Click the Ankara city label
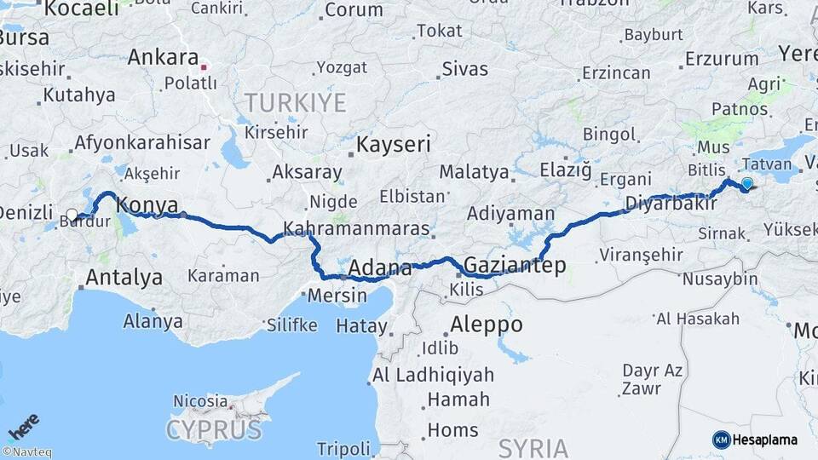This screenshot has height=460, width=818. pos(162,58)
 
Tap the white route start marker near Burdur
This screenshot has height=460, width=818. pos(72,215)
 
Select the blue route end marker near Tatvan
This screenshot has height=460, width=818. pos(747,183)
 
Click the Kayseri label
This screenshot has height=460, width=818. pos(393,143)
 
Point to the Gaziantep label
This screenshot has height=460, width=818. pos(515,265)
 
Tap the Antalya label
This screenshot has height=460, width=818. pos(124,277)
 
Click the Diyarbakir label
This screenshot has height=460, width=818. pos(668,204)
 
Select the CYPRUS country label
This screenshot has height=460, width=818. pos(214,428)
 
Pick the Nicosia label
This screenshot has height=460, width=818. pos(200,400)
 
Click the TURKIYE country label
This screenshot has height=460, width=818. pos(296,104)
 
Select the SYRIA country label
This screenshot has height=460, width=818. pos(533,447)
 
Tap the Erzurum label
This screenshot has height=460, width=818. pos(722,59)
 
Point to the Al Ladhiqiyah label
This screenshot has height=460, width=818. pos(433,375)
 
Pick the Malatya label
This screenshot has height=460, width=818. pos(474,172)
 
